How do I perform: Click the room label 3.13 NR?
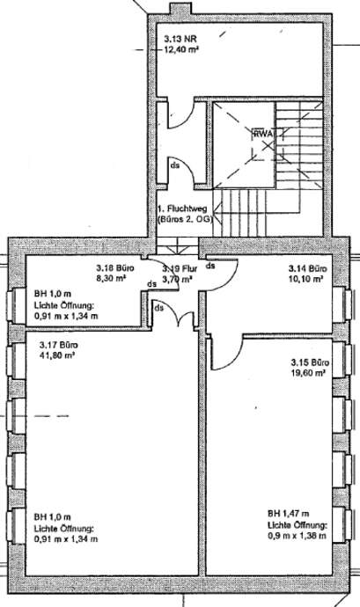[178, 39]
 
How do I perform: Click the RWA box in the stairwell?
[263, 134]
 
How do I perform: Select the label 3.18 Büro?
[115, 268]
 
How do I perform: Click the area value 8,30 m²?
[114, 278]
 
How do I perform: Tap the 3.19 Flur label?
[180, 268]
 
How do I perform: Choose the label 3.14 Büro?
[307, 268]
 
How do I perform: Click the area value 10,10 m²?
[305, 279]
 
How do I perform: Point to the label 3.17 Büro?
[59, 345]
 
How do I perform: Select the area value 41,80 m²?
[57, 355]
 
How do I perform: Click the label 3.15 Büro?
[310, 362]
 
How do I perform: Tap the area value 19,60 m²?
[308, 373]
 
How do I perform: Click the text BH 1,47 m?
[289, 514]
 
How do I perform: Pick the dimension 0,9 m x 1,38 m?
[297, 536]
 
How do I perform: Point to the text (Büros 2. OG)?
[185, 220]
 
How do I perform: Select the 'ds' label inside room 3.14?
[211, 266]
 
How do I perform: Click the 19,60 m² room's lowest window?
[344, 524]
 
